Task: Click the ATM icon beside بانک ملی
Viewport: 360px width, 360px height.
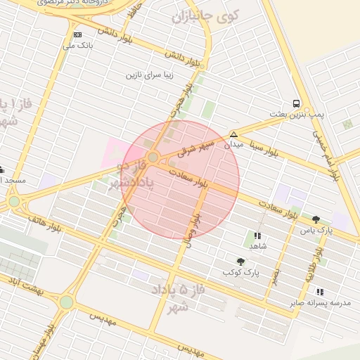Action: coord(77,34)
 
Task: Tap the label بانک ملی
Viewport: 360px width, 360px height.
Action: coord(77,46)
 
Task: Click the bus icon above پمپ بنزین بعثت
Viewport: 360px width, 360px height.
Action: coord(296,103)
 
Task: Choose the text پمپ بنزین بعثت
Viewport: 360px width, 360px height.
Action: coord(297,114)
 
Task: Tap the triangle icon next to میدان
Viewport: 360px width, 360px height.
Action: coord(233,134)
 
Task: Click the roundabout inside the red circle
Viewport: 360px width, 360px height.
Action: coord(153,157)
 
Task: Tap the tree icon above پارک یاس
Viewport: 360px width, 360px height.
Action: coord(316,219)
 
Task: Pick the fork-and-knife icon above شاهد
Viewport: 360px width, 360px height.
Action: coord(257,236)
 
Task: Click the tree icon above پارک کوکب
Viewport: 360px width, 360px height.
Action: coord(241,262)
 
